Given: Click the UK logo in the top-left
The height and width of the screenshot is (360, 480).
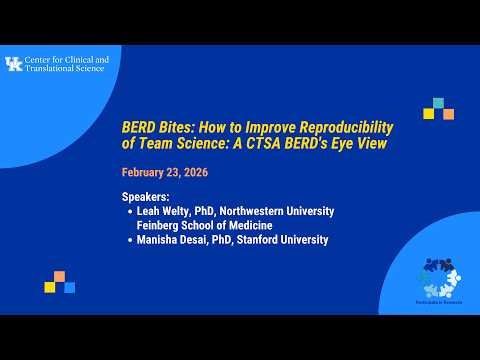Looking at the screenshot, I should point(13,65).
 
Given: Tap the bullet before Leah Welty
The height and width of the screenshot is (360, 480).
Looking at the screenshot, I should point(129,212).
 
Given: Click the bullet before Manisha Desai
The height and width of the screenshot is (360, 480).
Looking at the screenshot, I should point(129,240).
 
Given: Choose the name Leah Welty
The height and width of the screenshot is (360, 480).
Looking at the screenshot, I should point(163,212).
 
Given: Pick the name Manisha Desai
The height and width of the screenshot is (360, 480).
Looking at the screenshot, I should point(173,240).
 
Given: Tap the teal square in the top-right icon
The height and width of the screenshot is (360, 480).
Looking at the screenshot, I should point(437,103).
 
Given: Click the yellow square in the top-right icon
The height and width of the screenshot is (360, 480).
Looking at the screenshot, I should point(428,113).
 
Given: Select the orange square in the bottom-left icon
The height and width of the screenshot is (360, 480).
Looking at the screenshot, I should point(60,276).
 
